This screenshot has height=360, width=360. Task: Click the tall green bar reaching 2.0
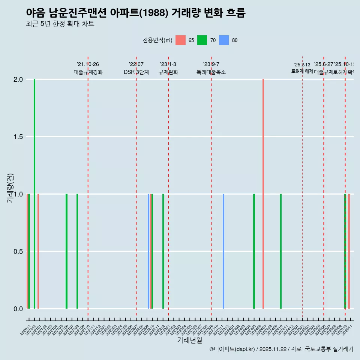point(34,193)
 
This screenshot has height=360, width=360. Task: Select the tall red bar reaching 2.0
point(263,193)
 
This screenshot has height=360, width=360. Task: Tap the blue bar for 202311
point(223,251)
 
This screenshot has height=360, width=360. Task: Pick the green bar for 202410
point(281,251)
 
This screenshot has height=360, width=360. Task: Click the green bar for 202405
point(254,251)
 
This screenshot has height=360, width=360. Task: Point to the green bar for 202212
point(163,251)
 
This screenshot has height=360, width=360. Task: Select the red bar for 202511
point(349,251)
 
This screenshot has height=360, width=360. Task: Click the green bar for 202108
point(77,251)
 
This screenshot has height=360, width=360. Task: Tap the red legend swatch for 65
point(181,40)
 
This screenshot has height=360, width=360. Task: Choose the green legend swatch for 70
point(202,40)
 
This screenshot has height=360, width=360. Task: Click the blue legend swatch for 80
point(224,40)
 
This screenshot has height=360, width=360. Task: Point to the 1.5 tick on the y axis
point(17,137)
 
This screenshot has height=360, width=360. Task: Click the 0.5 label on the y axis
point(17,252)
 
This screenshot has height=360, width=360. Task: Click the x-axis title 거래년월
point(189,340)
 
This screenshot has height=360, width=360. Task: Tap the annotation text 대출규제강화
point(88,72)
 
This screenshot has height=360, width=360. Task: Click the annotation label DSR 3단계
point(136,72)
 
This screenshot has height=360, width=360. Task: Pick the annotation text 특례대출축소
point(211,72)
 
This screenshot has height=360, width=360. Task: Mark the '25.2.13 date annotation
point(302,65)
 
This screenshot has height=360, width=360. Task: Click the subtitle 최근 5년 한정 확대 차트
point(60,24)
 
